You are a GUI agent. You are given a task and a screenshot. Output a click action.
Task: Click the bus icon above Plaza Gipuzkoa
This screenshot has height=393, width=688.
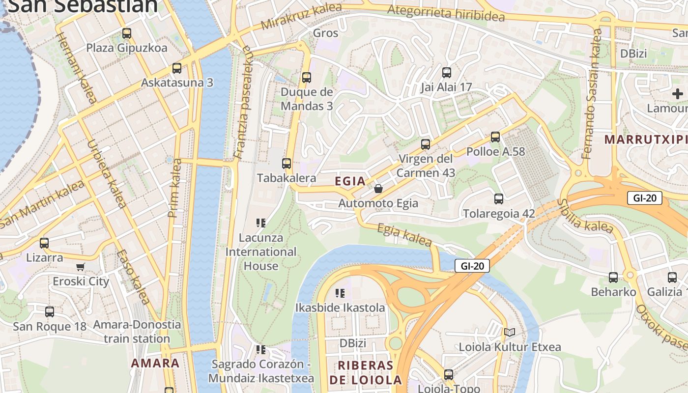[127, 33]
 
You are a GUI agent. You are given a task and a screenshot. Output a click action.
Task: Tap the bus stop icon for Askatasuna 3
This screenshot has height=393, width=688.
[177, 68]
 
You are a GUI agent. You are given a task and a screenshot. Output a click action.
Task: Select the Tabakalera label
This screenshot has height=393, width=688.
[287, 178]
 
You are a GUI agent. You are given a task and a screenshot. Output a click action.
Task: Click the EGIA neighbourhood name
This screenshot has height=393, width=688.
[350, 181]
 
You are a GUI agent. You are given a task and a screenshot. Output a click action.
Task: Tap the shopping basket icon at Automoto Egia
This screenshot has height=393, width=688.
[378, 189]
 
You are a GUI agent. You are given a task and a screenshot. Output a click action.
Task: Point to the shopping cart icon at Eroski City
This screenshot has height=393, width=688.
[81, 267]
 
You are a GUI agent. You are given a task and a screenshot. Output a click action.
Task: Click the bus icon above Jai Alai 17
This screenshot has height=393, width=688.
[446, 73]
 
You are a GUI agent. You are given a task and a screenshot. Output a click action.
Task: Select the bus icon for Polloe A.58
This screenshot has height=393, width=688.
[495, 137]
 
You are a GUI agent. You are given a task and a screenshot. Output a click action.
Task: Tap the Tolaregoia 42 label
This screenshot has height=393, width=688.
[499, 214]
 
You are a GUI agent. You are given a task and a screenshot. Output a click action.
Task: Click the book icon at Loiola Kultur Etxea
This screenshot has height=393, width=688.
[510, 333]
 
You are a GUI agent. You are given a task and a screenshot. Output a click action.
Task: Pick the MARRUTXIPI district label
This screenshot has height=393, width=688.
[645, 140]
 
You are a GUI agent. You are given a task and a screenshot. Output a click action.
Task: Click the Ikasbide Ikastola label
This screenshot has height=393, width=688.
[340, 308]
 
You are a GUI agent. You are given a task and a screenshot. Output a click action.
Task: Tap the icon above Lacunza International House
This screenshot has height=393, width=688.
[261, 223]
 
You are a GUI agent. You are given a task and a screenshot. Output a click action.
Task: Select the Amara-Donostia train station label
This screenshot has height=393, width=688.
[137, 332]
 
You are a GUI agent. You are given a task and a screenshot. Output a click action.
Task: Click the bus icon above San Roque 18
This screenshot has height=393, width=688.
[50, 312]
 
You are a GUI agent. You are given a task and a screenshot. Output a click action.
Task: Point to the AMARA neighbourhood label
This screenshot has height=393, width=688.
[155, 363]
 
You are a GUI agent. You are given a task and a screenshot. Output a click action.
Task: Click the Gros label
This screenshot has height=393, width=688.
[326, 33]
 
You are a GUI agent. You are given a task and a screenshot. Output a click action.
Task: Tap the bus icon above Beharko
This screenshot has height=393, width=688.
[613, 278]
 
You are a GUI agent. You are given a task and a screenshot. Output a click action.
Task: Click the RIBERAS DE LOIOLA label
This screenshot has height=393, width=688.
[366, 372]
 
